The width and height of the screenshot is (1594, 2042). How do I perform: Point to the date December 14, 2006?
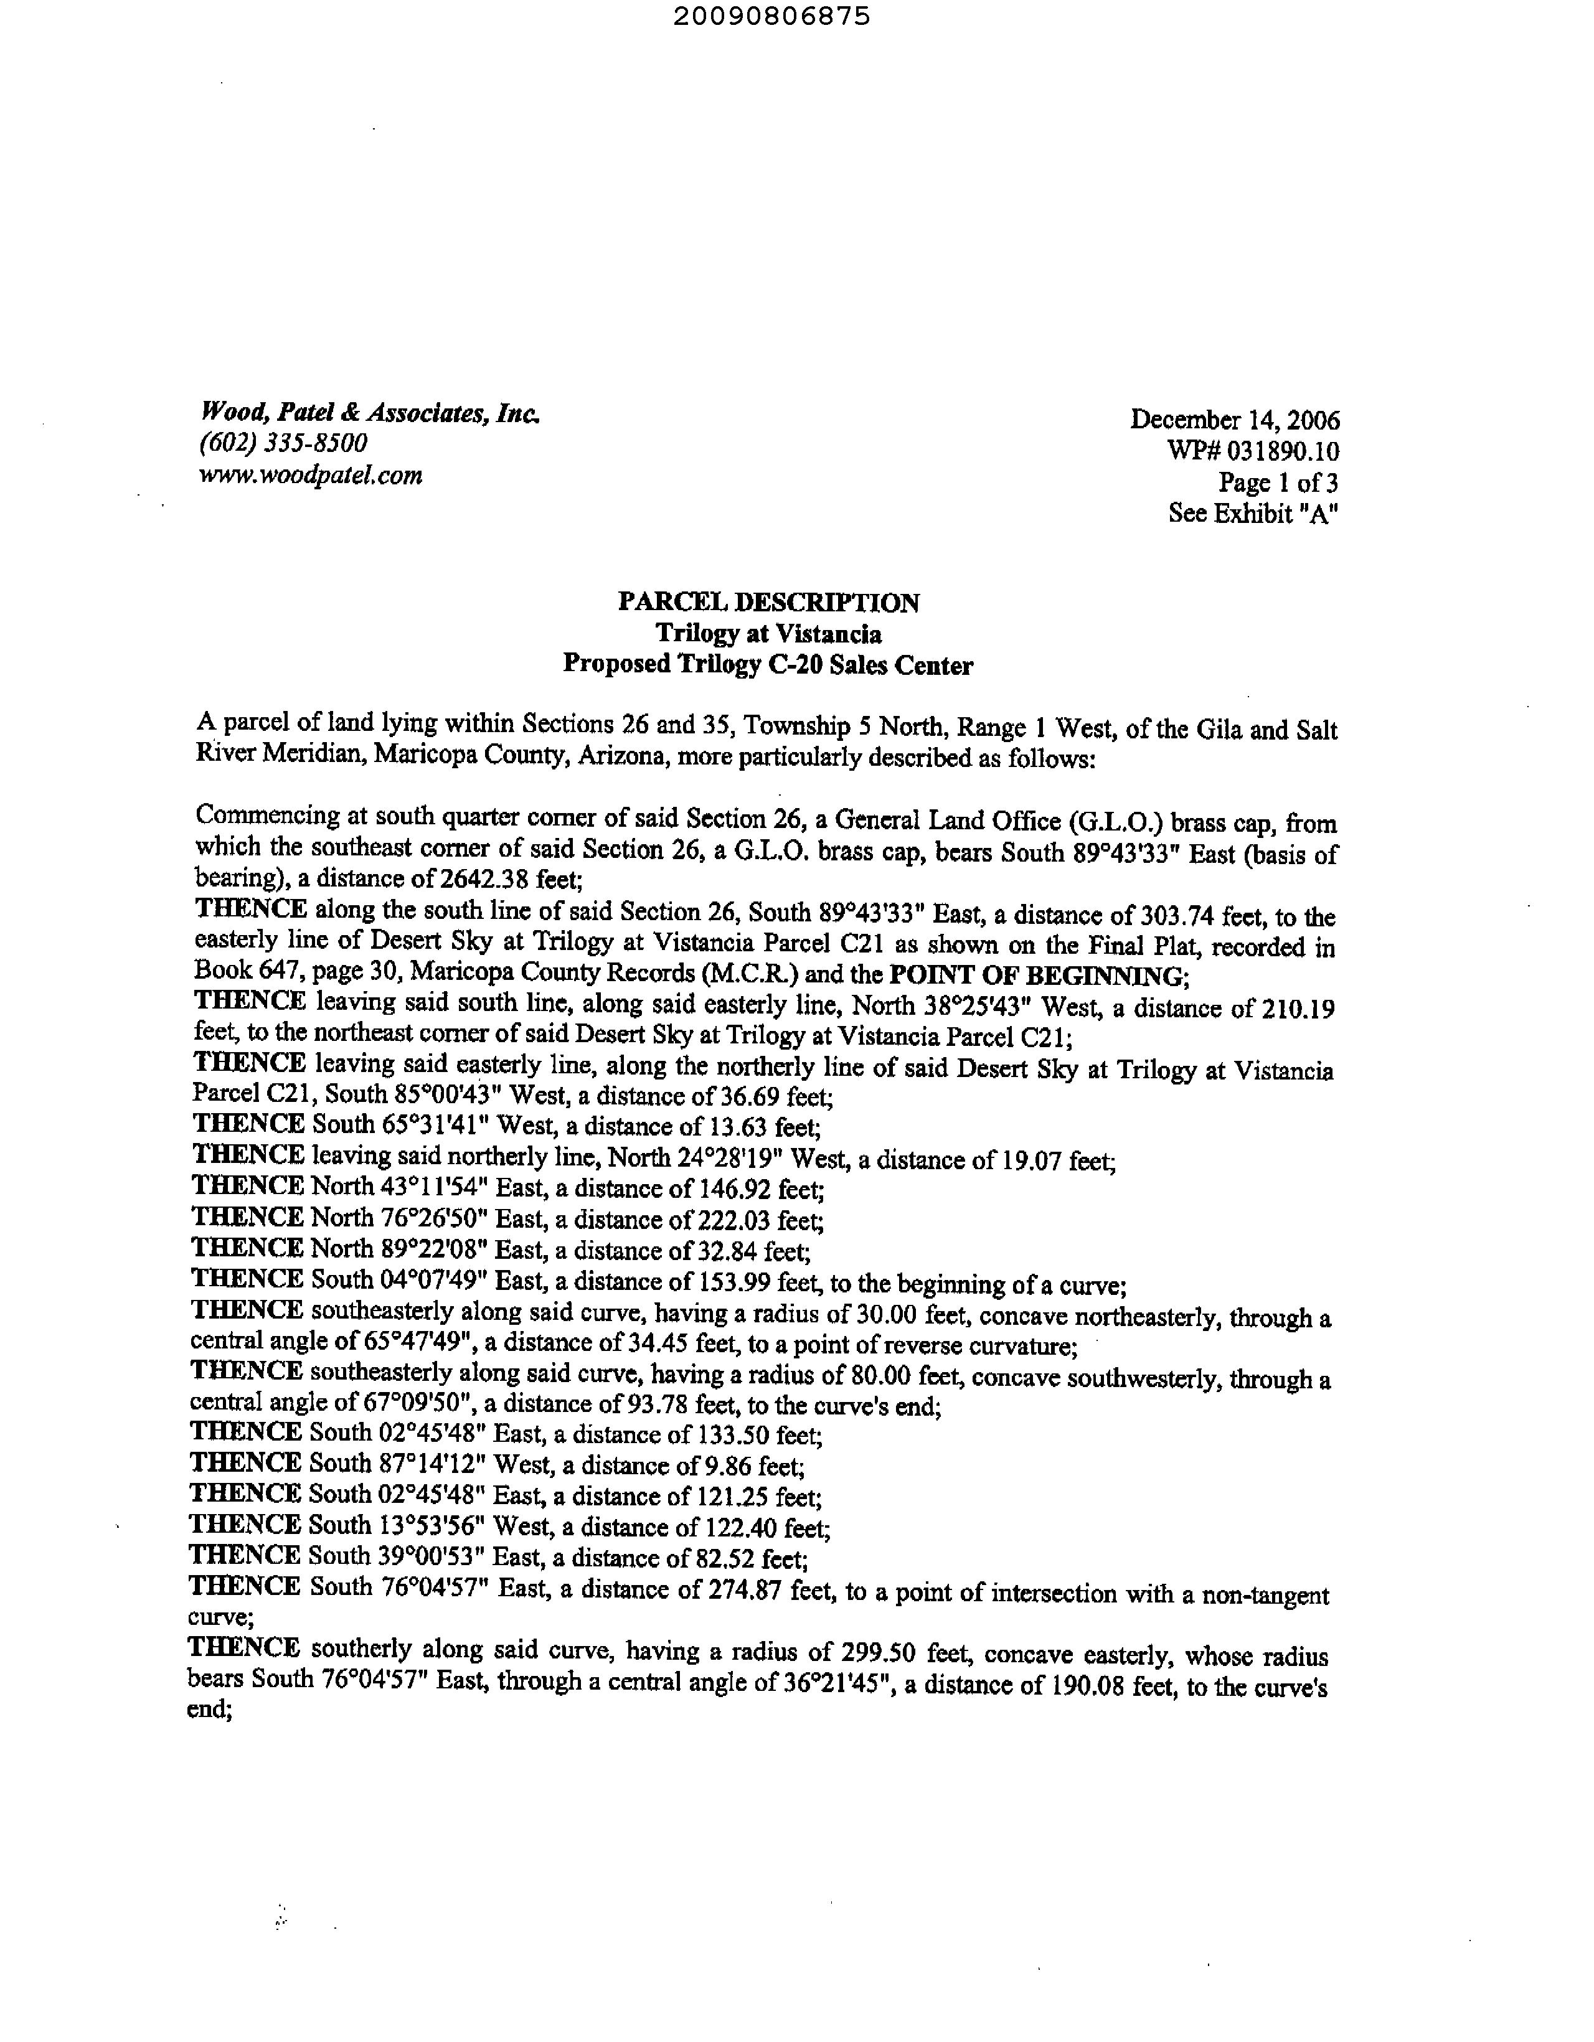(x=1234, y=419)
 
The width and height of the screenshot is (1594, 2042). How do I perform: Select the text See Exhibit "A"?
(x=1253, y=514)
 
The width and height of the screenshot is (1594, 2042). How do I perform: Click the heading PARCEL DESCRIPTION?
(x=768, y=602)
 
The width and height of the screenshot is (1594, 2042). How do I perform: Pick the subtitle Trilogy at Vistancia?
(x=768, y=634)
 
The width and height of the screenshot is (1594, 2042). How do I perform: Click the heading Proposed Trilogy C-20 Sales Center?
(x=768, y=665)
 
